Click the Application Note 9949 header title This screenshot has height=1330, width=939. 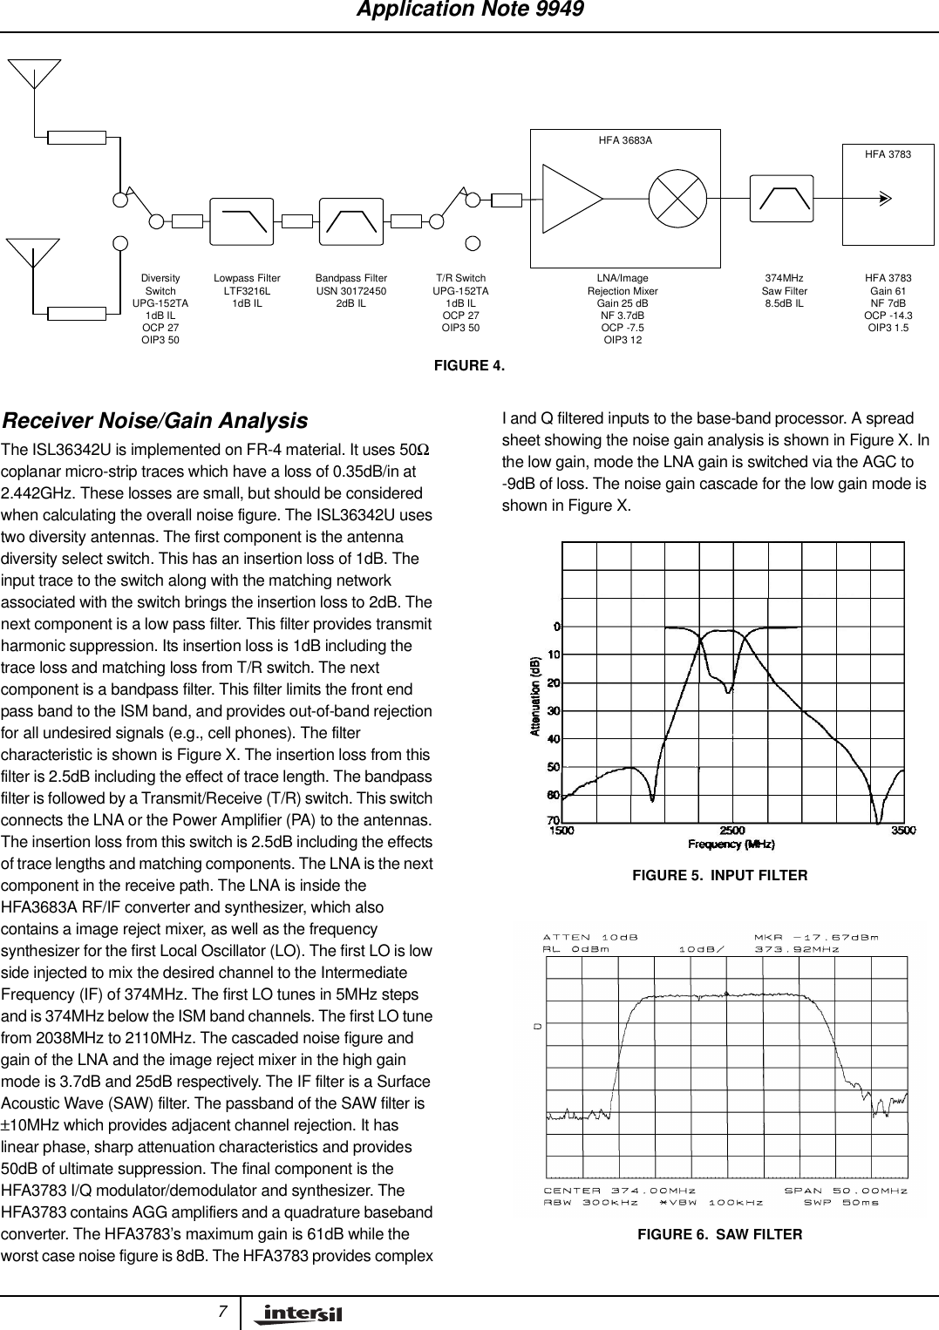click(x=470, y=10)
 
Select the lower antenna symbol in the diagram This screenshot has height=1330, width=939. click(x=33, y=252)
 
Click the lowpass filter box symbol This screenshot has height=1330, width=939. click(x=242, y=222)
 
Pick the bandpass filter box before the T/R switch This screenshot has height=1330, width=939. click(x=351, y=222)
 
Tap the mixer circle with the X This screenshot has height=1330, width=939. click(x=677, y=199)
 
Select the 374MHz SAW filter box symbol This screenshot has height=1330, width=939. click(x=781, y=199)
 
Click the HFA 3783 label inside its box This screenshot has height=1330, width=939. click(x=888, y=154)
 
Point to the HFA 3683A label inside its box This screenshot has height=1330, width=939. click(x=625, y=140)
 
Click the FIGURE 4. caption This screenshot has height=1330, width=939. click(x=469, y=365)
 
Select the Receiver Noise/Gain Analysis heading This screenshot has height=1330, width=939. click(x=155, y=421)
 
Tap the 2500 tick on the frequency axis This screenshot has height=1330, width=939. click(x=732, y=831)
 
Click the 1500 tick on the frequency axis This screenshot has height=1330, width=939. click(x=562, y=831)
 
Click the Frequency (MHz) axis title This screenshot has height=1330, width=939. click(x=731, y=844)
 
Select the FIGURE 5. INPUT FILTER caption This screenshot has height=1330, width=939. click(x=719, y=875)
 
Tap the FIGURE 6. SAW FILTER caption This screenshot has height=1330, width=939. click(x=719, y=1234)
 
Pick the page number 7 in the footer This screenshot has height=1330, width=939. click(x=223, y=1312)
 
